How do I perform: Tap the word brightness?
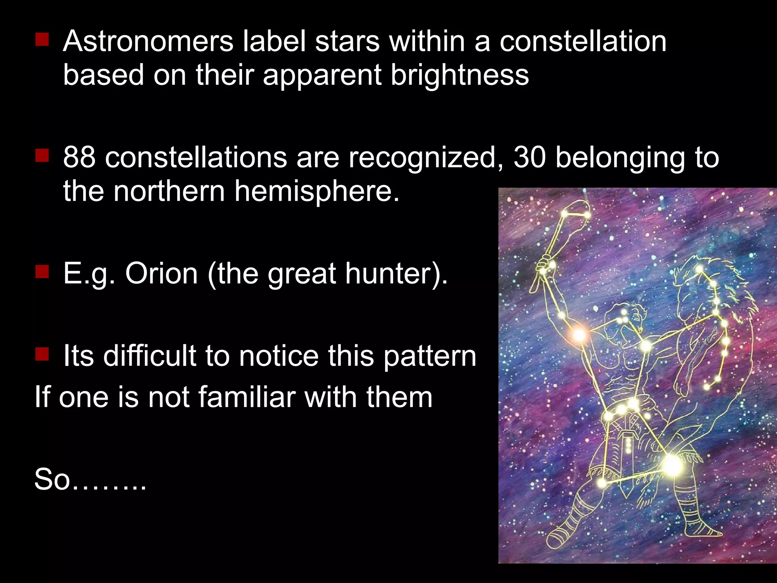pos(459,74)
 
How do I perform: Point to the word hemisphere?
pos(317,191)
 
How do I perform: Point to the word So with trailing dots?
pos(90,479)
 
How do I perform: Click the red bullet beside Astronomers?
pos(42,39)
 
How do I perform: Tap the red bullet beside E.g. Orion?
pos(42,272)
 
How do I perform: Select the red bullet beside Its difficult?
pos(42,354)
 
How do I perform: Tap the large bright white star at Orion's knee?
pos(672,464)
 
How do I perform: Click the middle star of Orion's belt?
pos(621,410)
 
